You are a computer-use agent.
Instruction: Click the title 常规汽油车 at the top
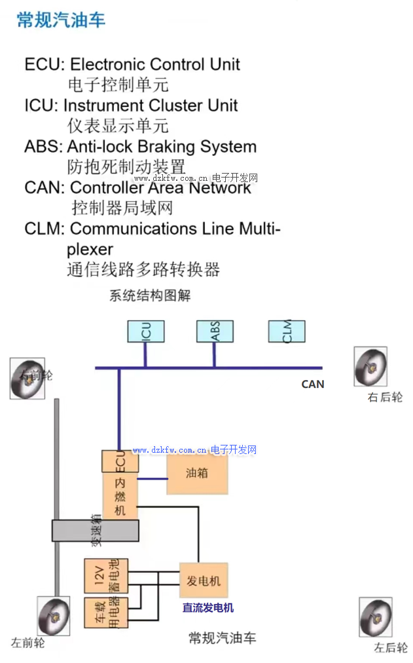point(61,20)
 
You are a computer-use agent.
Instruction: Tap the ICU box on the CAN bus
point(145,331)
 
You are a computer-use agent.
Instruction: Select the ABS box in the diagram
point(215,331)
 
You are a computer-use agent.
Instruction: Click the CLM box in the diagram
point(286,331)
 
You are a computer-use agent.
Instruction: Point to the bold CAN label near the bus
point(312,385)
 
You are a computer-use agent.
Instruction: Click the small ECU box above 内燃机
point(120,462)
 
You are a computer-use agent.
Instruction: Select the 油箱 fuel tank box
point(197,473)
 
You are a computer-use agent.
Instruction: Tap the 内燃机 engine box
point(120,497)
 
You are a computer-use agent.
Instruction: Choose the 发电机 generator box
point(204,581)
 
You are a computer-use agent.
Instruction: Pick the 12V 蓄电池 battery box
point(106,576)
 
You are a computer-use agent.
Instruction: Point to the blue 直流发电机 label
point(207,608)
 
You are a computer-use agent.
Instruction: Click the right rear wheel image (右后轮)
point(370,367)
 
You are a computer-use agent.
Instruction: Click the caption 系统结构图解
point(150,295)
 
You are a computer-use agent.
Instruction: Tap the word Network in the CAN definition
point(220,188)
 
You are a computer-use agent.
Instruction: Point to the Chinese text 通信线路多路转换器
point(143,269)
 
